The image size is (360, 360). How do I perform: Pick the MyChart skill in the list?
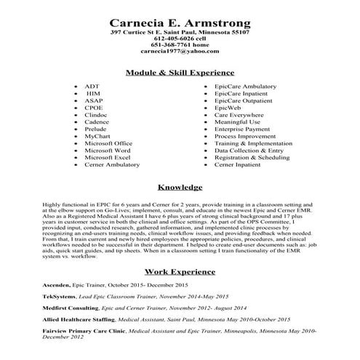tap(97, 136)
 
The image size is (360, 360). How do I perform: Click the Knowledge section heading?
tap(180, 188)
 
